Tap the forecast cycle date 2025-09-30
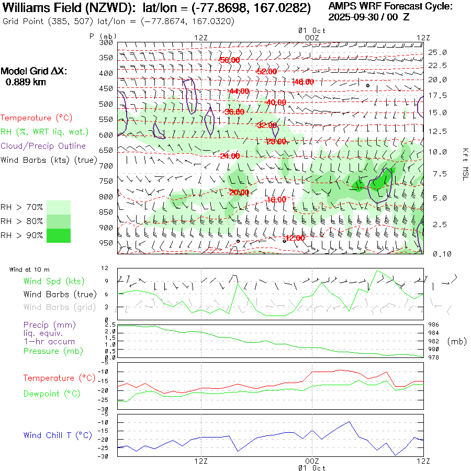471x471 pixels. [x=355, y=17]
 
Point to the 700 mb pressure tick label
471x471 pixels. [x=106, y=166]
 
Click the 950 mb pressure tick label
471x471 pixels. [x=106, y=243]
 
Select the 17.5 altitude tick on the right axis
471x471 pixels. [x=438, y=96]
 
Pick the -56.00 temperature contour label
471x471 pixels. [x=230, y=60]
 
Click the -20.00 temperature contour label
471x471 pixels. [x=239, y=193]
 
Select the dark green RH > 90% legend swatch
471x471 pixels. [x=59, y=235]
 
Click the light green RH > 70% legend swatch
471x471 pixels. [x=59, y=207]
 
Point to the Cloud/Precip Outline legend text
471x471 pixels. [x=43, y=146]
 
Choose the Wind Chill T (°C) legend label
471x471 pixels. [x=58, y=435]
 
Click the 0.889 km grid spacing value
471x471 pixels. [x=26, y=82]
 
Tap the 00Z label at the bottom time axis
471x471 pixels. [x=312, y=461]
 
